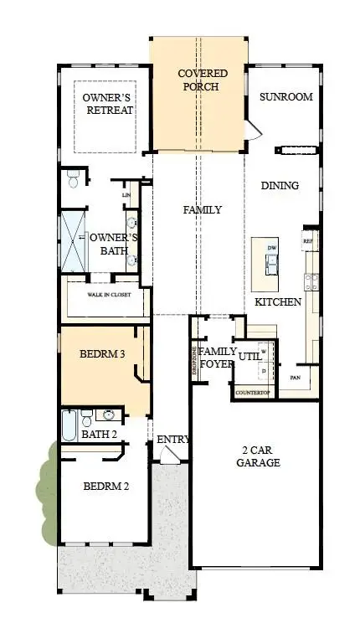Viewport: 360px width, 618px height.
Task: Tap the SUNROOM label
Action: (285, 97)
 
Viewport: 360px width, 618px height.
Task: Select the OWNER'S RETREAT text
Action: (108, 105)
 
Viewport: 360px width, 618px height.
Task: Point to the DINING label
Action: (280, 186)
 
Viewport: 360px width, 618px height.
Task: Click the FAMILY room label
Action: (203, 210)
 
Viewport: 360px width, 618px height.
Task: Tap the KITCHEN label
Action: (278, 301)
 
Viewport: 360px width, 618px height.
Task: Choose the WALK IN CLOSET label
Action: (110, 295)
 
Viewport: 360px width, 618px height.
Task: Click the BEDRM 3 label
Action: (102, 355)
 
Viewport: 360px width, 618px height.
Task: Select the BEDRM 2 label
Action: (105, 487)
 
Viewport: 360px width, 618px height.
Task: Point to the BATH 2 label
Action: (100, 434)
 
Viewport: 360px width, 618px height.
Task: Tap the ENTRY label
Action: (172, 440)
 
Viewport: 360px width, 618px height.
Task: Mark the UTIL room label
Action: (250, 357)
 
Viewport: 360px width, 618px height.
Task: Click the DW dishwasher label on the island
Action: (271, 249)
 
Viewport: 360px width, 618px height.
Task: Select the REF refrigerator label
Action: (307, 240)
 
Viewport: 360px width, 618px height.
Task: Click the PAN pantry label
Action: (296, 378)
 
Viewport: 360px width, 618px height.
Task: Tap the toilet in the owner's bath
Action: (74, 179)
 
